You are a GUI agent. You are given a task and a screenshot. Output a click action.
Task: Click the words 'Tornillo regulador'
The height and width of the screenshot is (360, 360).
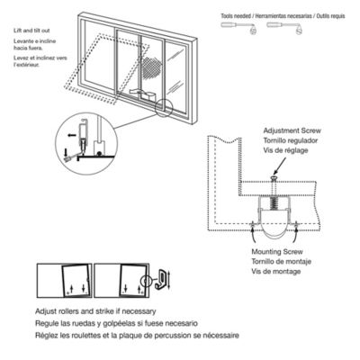coord(290,139)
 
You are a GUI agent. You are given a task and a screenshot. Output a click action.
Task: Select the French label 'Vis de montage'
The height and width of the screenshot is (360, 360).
coord(277,269)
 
